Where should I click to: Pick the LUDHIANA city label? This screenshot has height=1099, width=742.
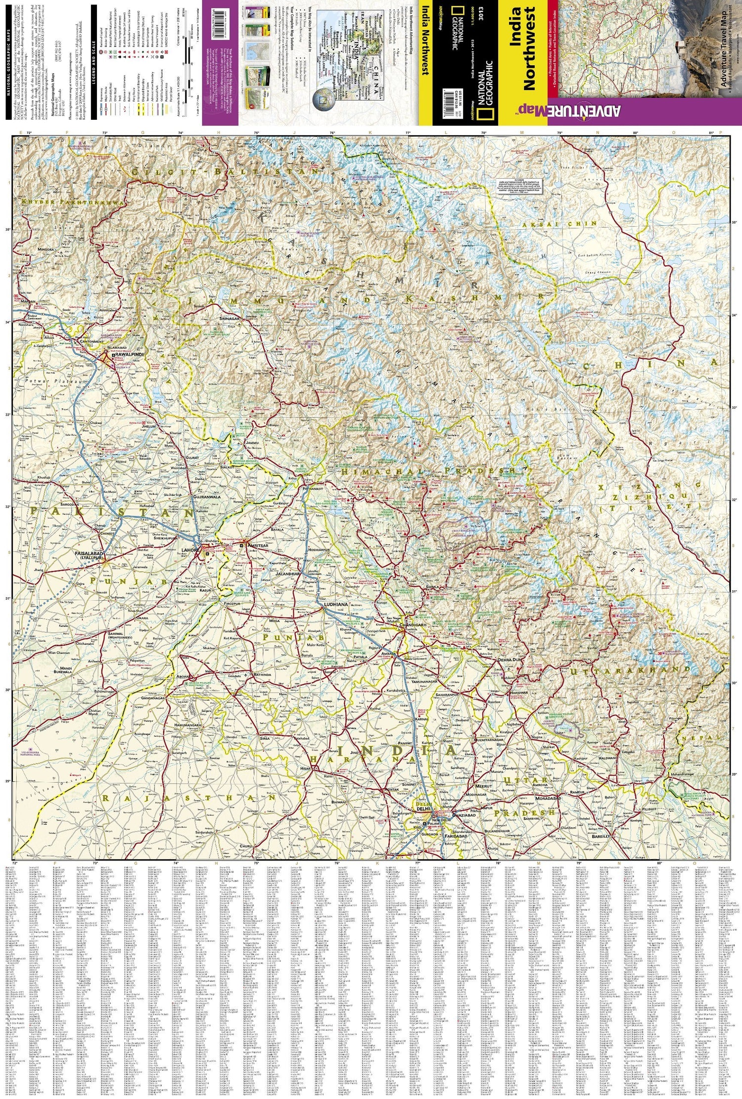[x=336, y=605]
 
